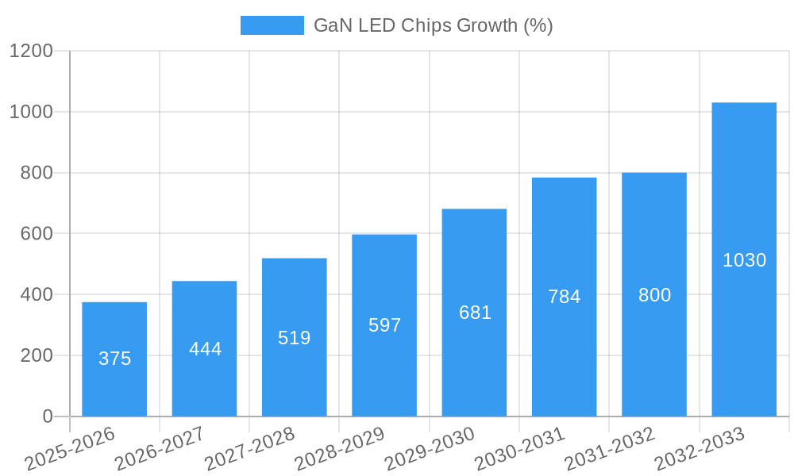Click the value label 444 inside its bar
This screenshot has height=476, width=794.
coord(205,349)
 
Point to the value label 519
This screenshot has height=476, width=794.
coord(294,338)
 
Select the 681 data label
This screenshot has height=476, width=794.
coord(475,313)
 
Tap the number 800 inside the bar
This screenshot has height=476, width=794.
coord(654,295)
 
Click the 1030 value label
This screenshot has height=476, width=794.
coord(744,260)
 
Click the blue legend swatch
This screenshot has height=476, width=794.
coord(272,25)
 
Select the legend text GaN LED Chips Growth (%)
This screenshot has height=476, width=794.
coord(433,25)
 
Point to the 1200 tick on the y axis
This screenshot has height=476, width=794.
coord(31,51)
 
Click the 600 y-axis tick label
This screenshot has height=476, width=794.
coord(36,234)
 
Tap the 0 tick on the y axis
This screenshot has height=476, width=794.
coord(47,416)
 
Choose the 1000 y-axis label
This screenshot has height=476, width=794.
coord(31,112)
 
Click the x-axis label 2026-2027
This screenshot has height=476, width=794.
coord(160,449)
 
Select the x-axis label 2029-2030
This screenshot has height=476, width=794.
coord(430,449)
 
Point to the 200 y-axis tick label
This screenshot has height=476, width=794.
coord(36,355)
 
